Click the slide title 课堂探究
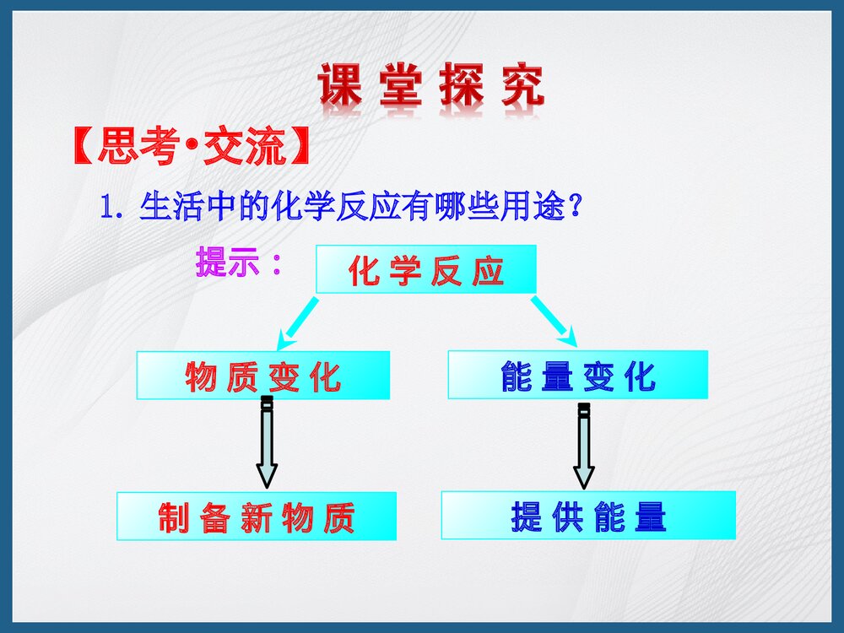click(431, 86)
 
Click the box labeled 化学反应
click(425, 269)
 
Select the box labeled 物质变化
click(262, 375)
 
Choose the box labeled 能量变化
click(577, 375)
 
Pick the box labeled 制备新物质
click(257, 516)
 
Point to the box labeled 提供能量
click(588, 515)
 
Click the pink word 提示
click(228, 263)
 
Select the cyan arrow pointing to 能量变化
click(555, 322)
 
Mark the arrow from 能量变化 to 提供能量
click(583, 446)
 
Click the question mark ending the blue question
click(575, 207)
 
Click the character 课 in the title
click(340, 86)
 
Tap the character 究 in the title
click(522, 86)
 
